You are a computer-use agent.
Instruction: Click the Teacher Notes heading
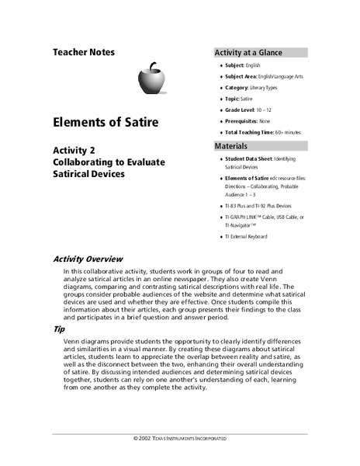tap(84, 53)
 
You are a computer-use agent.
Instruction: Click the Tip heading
tap(59, 330)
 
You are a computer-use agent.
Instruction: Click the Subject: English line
tap(248, 66)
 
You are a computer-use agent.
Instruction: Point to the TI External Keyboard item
tap(246, 236)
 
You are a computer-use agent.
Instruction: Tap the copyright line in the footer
tap(180, 439)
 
